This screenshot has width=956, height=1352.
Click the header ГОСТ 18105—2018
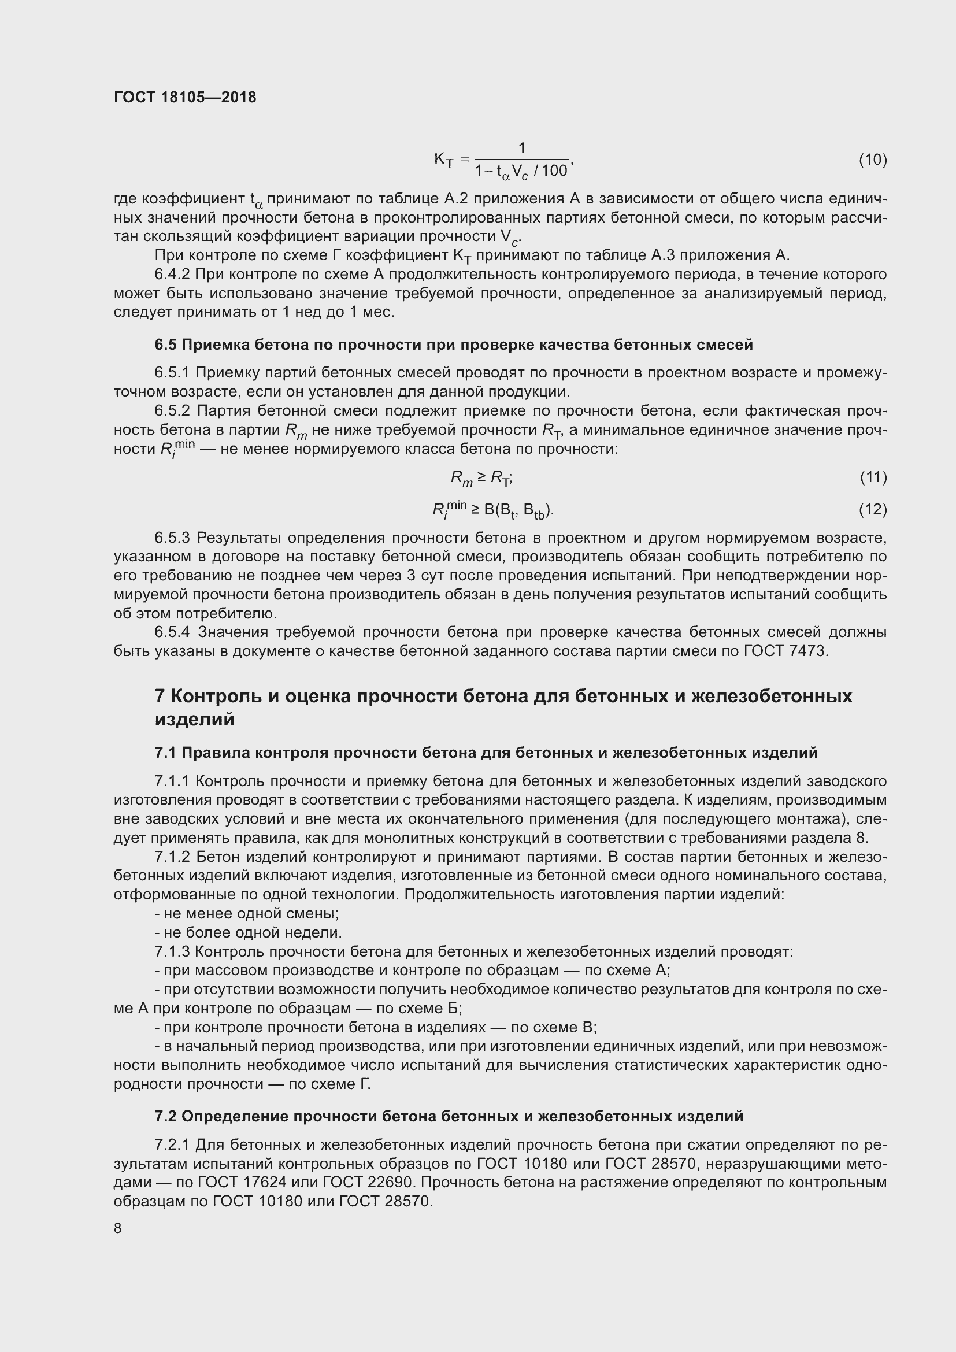point(185,98)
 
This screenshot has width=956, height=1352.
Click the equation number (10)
point(872,160)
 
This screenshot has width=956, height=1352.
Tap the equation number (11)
point(872,476)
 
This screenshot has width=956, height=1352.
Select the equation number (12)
point(872,509)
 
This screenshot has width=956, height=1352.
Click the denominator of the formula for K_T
point(521,171)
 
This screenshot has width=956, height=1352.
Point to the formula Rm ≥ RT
point(481,478)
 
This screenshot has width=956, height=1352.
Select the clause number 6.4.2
point(172,275)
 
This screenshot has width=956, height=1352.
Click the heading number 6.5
point(165,345)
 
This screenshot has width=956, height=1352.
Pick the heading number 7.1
point(165,753)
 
